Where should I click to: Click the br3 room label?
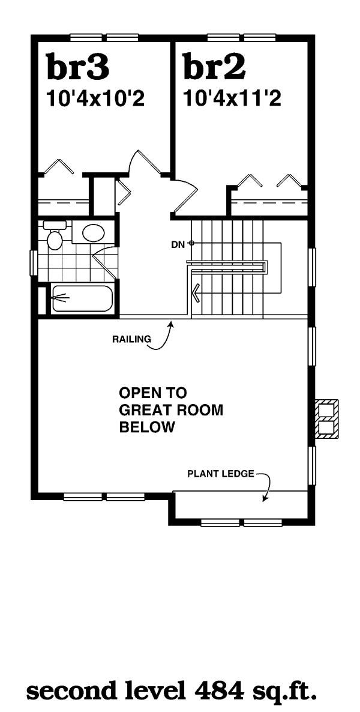click(77, 66)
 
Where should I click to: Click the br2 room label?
click(214, 66)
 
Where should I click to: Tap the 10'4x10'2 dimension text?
click(96, 98)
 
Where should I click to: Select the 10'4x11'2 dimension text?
click(232, 98)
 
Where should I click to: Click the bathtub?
click(82, 298)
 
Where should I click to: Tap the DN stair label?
click(178, 244)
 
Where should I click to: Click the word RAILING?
click(131, 339)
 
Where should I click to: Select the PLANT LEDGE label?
click(221, 474)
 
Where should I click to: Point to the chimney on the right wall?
click(328, 418)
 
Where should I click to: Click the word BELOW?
click(146, 427)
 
